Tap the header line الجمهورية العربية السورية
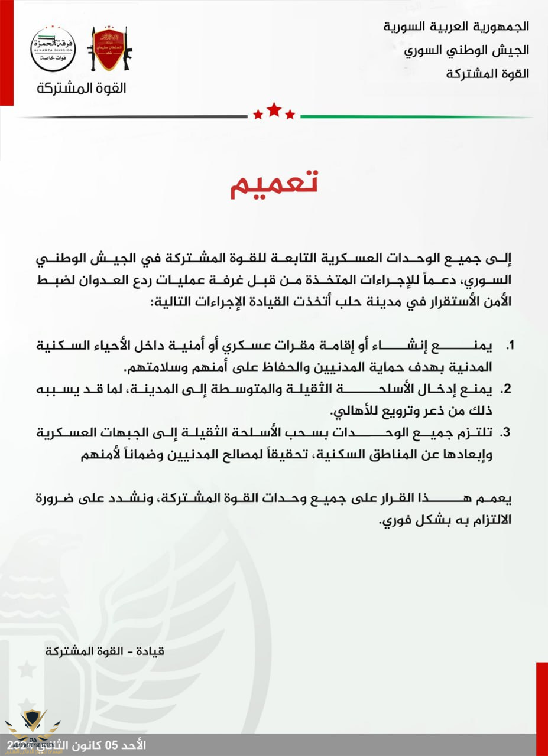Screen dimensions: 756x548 pyautogui.click(x=456, y=27)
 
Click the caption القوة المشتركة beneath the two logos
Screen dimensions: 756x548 pyautogui.click(x=81, y=89)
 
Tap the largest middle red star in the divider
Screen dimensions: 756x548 pyautogui.click(x=274, y=109)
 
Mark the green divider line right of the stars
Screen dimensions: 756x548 pyautogui.click(x=414, y=116)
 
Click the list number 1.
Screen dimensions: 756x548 pyautogui.click(x=509, y=345)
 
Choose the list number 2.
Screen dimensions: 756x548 pyautogui.click(x=506, y=390)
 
